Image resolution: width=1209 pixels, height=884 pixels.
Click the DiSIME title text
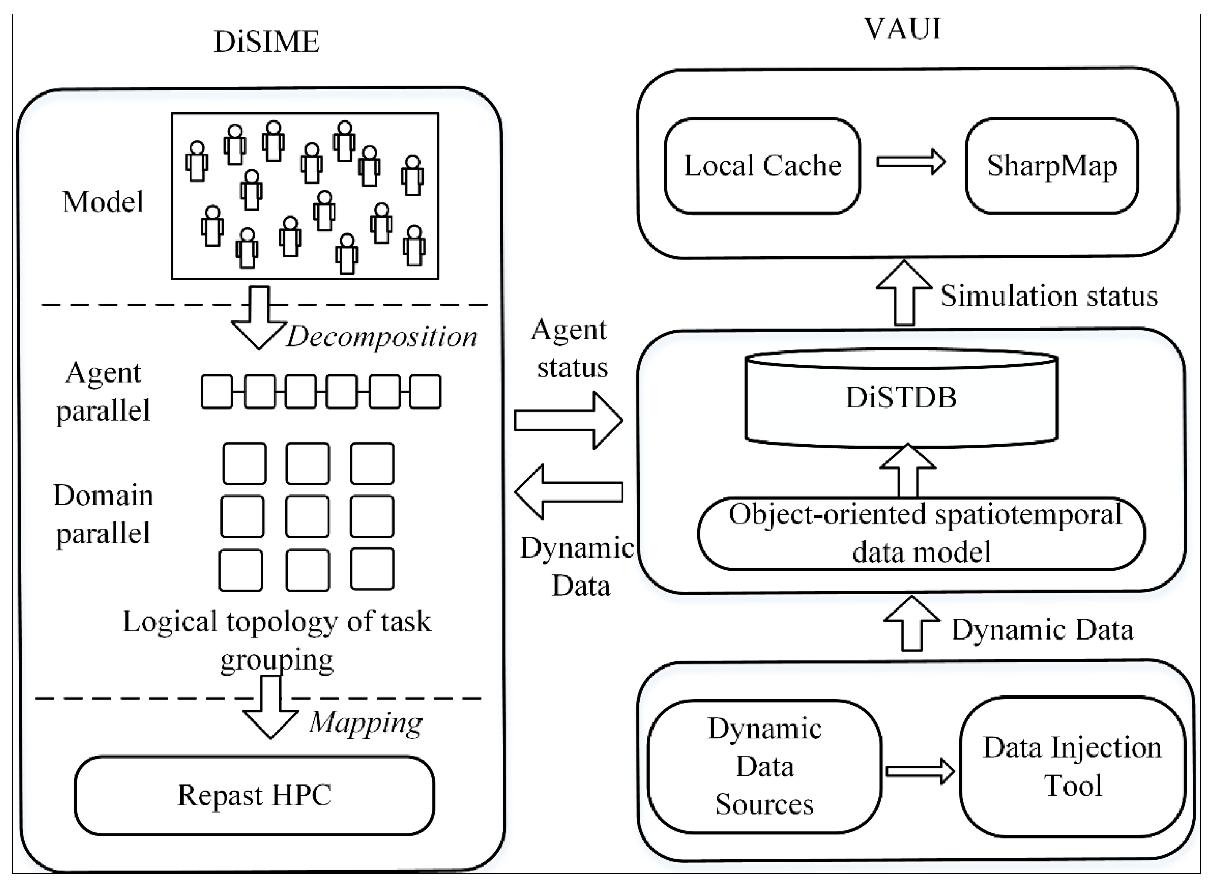click(x=266, y=42)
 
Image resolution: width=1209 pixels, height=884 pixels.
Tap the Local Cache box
click(x=762, y=166)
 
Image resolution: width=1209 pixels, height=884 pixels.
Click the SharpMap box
click(x=1051, y=166)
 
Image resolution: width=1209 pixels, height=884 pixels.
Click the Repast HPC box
click(x=254, y=795)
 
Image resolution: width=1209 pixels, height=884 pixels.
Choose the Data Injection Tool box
click(x=1071, y=766)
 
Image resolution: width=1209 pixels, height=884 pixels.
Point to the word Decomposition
click(x=381, y=337)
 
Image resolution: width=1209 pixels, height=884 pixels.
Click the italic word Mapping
click(x=366, y=722)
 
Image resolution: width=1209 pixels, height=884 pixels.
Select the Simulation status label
click(x=1049, y=296)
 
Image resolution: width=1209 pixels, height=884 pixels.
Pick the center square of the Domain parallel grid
click(x=308, y=516)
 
